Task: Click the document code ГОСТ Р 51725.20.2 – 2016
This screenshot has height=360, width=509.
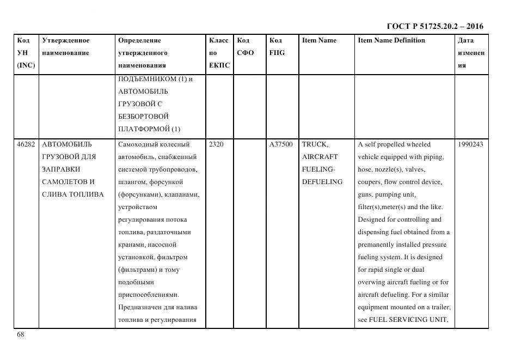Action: [434, 26]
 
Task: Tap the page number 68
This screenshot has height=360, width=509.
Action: [20, 334]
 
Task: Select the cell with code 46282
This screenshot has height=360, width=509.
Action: [26, 144]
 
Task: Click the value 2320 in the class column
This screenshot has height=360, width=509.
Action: [216, 144]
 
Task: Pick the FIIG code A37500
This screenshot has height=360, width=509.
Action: [281, 144]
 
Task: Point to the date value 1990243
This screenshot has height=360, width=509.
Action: [470, 144]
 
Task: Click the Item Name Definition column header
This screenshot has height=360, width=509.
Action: [391, 40]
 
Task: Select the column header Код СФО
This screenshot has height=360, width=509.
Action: [246, 46]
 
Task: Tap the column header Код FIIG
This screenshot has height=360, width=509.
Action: [277, 46]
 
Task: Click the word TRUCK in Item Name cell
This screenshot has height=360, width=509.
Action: [315, 144]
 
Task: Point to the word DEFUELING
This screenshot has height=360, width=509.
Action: [322, 182]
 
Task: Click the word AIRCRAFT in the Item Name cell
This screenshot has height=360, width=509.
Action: [320, 157]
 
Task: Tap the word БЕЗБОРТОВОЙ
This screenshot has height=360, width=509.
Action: [143, 117]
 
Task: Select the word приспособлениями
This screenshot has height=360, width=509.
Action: [148, 295]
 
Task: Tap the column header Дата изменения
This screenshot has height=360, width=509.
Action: [470, 53]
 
